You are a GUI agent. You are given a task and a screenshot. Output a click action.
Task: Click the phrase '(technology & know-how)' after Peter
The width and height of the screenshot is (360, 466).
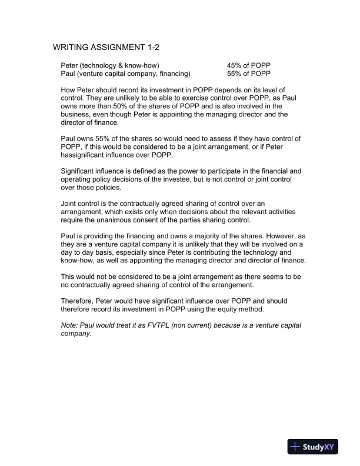click(x=121, y=65)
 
